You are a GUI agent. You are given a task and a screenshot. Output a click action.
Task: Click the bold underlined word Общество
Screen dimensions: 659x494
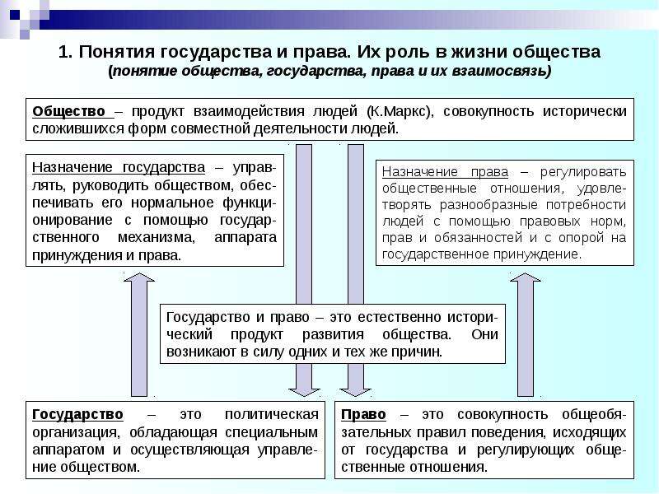[68, 112]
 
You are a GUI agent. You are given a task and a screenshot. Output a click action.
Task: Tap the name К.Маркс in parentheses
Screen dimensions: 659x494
[400, 112]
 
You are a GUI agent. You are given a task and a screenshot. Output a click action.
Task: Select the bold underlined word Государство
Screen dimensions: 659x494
[77, 415]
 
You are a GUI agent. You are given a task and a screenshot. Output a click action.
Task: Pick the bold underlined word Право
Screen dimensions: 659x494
[363, 415]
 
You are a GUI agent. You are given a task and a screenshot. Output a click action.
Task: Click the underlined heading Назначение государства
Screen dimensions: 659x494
[119, 168]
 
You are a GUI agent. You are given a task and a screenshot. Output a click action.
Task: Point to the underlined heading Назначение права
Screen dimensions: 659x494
[445, 172]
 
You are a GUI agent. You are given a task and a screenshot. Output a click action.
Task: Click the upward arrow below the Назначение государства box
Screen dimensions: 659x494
[139, 334]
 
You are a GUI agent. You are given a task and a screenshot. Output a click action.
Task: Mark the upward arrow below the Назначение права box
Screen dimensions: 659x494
[526, 334]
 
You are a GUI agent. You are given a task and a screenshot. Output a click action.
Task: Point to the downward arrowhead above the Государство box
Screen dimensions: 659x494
[304, 389]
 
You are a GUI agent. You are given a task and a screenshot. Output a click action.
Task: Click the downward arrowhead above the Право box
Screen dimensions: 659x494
[356, 389]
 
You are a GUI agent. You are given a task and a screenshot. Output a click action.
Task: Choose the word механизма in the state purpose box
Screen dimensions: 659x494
[157, 238]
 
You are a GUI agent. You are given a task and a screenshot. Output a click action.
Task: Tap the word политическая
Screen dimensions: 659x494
[272, 415]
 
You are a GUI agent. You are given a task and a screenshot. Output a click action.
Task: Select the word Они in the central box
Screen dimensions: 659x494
[484, 334]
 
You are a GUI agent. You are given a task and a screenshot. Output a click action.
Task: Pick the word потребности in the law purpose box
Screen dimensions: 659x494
[586, 205]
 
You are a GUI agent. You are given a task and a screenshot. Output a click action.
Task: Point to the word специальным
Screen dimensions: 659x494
[272, 432]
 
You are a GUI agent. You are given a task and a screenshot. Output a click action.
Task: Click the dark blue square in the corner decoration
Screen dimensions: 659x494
[15, 15]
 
